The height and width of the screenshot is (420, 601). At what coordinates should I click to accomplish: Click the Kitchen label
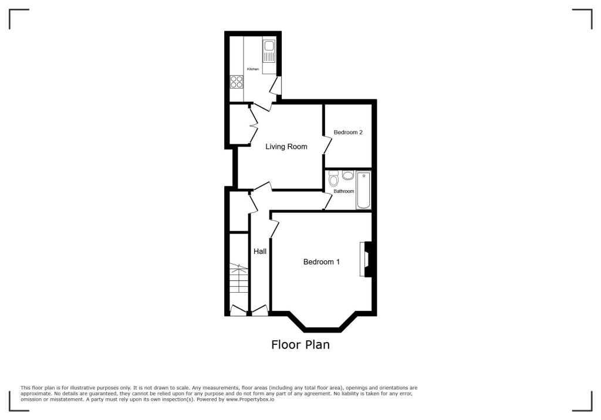point(253,69)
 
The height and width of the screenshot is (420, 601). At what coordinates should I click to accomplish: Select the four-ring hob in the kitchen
point(237,82)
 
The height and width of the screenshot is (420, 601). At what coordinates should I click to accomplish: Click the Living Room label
point(286,147)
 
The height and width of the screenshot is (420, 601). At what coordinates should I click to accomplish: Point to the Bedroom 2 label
point(348,133)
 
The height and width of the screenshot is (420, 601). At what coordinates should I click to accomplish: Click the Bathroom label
point(344,191)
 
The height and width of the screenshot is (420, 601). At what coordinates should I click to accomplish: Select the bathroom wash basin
point(347,175)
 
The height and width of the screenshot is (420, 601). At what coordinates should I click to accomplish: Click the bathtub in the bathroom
point(364,190)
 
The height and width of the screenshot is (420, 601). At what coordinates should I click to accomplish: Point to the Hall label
point(260,251)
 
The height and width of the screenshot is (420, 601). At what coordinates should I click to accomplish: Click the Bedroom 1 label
point(321,262)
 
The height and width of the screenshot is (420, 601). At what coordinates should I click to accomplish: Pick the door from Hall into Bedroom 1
point(273,229)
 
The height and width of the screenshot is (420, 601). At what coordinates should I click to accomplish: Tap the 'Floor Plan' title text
point(300,345)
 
